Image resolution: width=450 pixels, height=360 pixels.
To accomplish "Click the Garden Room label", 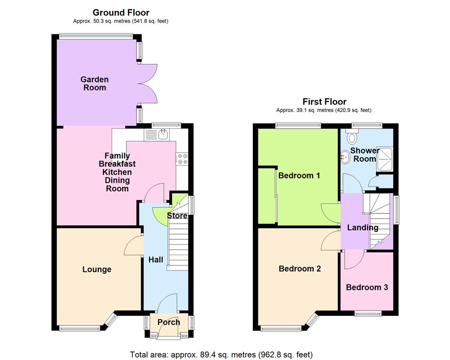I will click(94, 84).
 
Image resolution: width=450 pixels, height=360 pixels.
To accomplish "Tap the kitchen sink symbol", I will click(163, 134).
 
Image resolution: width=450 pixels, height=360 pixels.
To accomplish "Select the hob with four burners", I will click(182, 158).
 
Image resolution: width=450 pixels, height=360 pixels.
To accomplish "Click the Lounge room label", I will click(97, 270).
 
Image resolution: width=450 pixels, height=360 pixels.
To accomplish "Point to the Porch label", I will click(169, 322).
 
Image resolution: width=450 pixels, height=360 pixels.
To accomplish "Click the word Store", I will click(177, 216).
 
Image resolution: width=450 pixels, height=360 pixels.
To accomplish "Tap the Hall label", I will click(156, 260).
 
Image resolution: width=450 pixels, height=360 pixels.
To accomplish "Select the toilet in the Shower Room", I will click(353, 137).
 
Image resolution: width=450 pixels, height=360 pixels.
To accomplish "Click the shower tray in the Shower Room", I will click(385, 157).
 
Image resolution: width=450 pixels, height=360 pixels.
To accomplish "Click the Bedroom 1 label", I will click(299, 175).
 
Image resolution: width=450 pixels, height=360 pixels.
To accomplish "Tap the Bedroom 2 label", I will click(300, 269).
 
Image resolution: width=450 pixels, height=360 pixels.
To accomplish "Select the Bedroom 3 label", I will click(367, 287).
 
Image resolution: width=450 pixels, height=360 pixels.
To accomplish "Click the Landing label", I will click(363, 227).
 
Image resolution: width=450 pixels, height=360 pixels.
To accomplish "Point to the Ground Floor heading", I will click(121, 13).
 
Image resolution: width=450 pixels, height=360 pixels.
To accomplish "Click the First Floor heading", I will click(324, 102).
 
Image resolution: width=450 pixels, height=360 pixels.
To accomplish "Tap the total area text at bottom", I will click(221, 354).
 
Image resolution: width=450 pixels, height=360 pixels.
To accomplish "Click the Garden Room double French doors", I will click(148, 84).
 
